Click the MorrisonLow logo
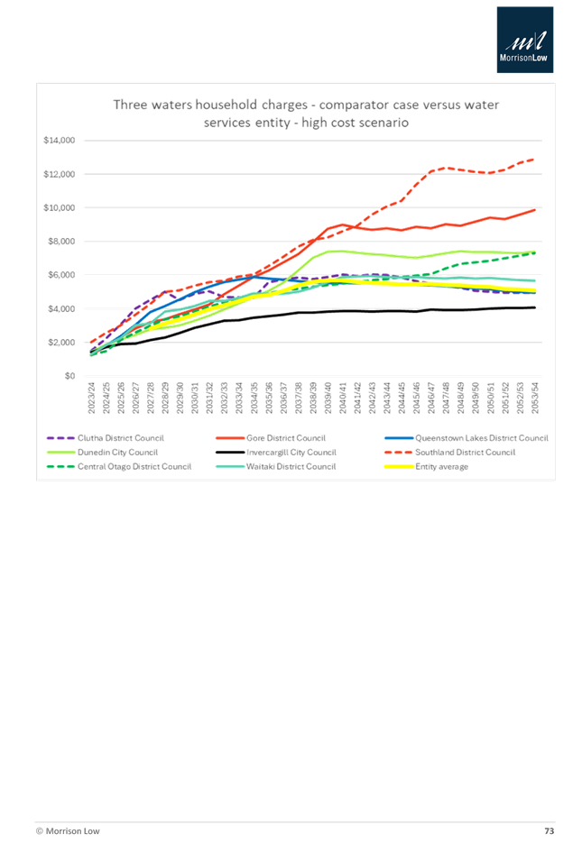click(524, 40)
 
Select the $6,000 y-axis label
click(64, 275)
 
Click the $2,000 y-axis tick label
click(64, 343)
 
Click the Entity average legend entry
click(441, 467)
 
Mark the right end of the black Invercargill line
click(537, 307)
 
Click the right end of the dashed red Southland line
click(537, 159)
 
